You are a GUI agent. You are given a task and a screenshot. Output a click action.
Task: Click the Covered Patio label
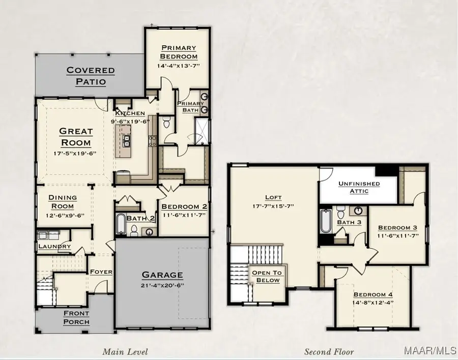(91, 76)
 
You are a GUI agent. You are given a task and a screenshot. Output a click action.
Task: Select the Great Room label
(76, 137)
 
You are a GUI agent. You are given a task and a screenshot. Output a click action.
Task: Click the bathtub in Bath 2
(121, 224)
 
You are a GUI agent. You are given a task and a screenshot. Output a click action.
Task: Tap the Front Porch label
(76, 317)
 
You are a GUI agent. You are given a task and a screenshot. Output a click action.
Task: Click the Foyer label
(101, 272)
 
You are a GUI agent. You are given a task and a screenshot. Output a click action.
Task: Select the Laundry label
(54, 247)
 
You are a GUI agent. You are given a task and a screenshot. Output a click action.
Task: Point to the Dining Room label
(63, 201)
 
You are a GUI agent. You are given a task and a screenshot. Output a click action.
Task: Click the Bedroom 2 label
(184, 206)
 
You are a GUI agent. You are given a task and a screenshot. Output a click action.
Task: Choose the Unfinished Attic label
(359, 187)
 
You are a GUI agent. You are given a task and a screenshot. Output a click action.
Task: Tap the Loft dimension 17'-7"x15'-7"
(273, 206)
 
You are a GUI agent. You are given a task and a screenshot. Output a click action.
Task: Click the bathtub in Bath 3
(326, 221)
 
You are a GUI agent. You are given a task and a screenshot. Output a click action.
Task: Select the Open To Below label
(267, 277)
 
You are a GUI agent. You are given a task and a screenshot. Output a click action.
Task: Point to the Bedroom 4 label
(374, 294)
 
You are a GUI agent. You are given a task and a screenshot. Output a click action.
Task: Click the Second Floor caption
(329, 351)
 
